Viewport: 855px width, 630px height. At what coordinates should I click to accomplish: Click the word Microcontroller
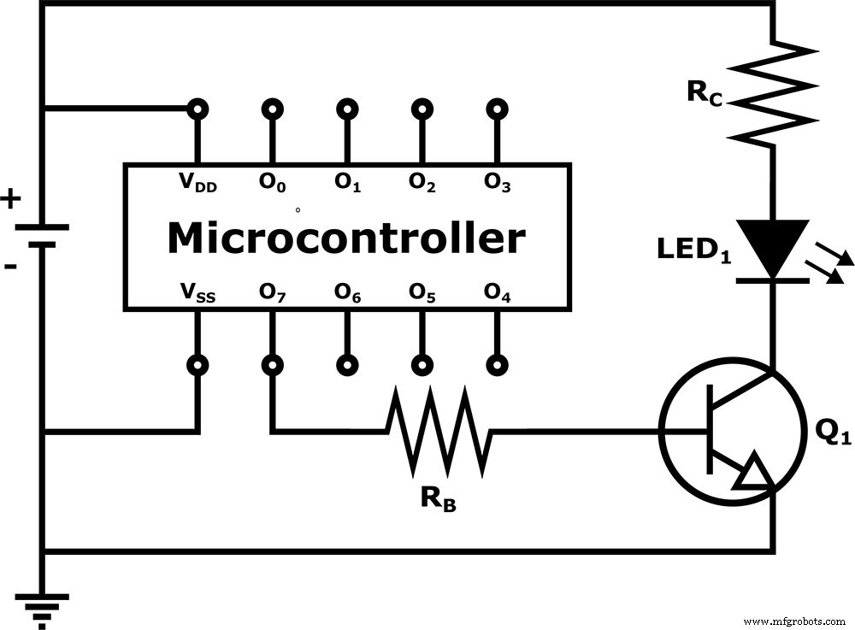[345, 238]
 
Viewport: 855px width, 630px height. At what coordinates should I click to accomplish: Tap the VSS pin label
[198, 295]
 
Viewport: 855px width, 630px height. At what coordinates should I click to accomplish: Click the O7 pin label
[273, 295]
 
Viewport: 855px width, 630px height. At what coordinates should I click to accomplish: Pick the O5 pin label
[422, 295]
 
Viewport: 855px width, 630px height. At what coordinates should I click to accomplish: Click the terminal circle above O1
[347, 109]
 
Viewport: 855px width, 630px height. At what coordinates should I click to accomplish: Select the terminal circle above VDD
[198, 109]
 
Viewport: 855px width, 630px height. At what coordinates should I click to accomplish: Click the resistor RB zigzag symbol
[439, 432]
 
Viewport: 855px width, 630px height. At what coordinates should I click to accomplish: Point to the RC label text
[706, 93]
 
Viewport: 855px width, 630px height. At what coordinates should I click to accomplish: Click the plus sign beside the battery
[10, 200]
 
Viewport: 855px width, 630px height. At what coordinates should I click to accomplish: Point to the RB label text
[438, 499]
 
